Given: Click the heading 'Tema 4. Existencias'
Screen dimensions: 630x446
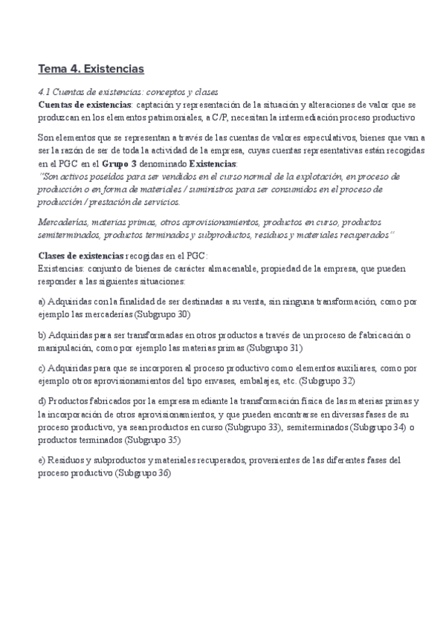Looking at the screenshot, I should [91, 69].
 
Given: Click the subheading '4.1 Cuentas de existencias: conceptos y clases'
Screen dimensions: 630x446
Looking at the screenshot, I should [127, 92].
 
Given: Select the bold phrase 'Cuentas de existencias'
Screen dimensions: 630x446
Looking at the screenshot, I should [80, 105].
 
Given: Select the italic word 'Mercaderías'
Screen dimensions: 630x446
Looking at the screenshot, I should [63, 222].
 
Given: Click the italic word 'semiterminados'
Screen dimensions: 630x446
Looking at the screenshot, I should [68, 235].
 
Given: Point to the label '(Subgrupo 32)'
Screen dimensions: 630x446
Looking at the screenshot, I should [327, 380].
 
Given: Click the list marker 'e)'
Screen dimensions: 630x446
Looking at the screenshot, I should [42, 460].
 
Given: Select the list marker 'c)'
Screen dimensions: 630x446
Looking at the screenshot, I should [42, 367].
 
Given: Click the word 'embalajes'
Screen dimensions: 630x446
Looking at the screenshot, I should [253, 380].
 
